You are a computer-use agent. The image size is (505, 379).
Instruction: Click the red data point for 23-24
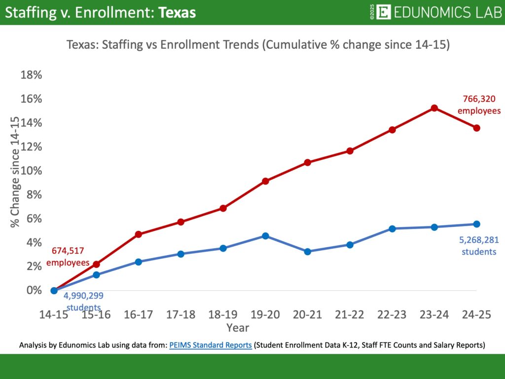tap(434, 108)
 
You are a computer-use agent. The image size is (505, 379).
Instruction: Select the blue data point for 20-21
tap(308, 252)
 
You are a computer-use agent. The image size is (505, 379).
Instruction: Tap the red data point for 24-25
tap(476, 128)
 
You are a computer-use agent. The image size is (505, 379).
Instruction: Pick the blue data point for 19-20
tap(265, 236)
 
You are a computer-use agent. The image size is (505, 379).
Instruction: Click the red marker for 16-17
tap(139, 234)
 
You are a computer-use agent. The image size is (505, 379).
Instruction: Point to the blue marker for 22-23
tap(392, 228)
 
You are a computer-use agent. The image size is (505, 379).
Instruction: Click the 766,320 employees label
tap(479, 105)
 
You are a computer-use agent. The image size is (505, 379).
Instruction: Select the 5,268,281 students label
tap(478, 246)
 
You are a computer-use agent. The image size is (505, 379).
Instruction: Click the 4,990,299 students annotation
tap(83, 301)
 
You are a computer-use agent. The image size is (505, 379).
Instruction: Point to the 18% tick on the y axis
tap(31, 75)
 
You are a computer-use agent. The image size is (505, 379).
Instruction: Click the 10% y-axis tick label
tap(31, 171)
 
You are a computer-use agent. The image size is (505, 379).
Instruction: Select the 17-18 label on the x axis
tap(180, 315)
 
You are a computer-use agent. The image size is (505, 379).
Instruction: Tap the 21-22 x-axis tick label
tap(350, 315)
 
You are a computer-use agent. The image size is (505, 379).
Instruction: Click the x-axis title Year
tap(237, 328)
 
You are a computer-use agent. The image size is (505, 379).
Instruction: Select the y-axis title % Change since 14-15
tap(15, 172)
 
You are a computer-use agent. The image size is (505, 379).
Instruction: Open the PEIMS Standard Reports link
tap(211, 345)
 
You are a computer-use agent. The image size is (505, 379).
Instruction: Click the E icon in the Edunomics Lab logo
tap(383, 12)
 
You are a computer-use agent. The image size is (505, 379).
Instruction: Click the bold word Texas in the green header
tap(177, 13)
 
